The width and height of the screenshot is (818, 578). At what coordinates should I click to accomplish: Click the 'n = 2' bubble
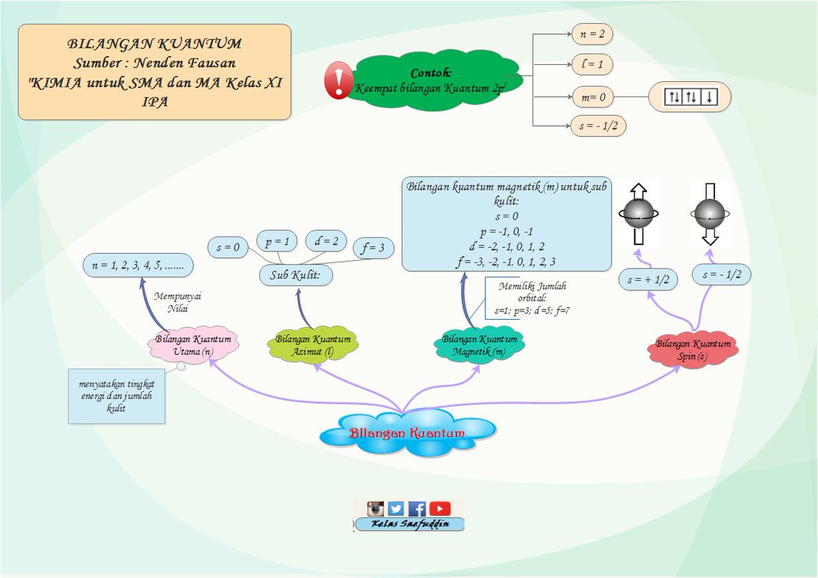[x=592, y=34]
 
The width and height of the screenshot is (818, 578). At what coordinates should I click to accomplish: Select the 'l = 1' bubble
[x=592, y=64]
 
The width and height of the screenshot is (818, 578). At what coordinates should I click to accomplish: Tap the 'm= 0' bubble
[x=593, y=97]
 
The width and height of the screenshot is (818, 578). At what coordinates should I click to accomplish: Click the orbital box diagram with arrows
[x=690, y=97]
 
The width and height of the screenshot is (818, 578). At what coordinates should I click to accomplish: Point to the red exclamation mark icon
[x=339, y=80]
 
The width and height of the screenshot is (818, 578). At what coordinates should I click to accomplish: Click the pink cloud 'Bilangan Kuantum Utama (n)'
[x=193, y=345]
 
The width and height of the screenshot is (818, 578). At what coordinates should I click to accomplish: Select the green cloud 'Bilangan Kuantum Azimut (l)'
[x=313, y=345]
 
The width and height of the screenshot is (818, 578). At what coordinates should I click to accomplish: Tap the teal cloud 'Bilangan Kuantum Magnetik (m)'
[x=479, y=345]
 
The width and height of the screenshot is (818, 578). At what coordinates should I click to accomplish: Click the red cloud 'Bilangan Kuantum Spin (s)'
[x=693, y=350]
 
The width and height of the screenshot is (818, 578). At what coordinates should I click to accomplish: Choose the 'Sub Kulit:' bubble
[x=296, y=275]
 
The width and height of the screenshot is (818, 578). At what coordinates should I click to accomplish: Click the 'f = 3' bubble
[x=374, y=248]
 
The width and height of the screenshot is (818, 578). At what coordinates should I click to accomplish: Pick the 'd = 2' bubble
[x=326, y=241]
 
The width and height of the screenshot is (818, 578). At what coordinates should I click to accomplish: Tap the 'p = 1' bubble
[x=277, y=241]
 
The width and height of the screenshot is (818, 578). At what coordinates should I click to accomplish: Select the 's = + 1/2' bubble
[x=648, y=280]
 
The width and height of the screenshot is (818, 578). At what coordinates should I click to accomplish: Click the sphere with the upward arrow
[x=639, y=213]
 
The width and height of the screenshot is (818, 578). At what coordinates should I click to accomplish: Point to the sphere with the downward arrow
[x=710, y=213]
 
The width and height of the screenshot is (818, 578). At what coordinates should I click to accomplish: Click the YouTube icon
[x=440, y=508]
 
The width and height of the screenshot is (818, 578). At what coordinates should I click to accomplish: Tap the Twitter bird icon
[x=396, y=508]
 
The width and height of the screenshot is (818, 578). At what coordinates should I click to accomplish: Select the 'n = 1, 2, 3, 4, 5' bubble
[x=138, y=265]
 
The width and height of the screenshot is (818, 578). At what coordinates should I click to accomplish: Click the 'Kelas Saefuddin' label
[x=410, y=524]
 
